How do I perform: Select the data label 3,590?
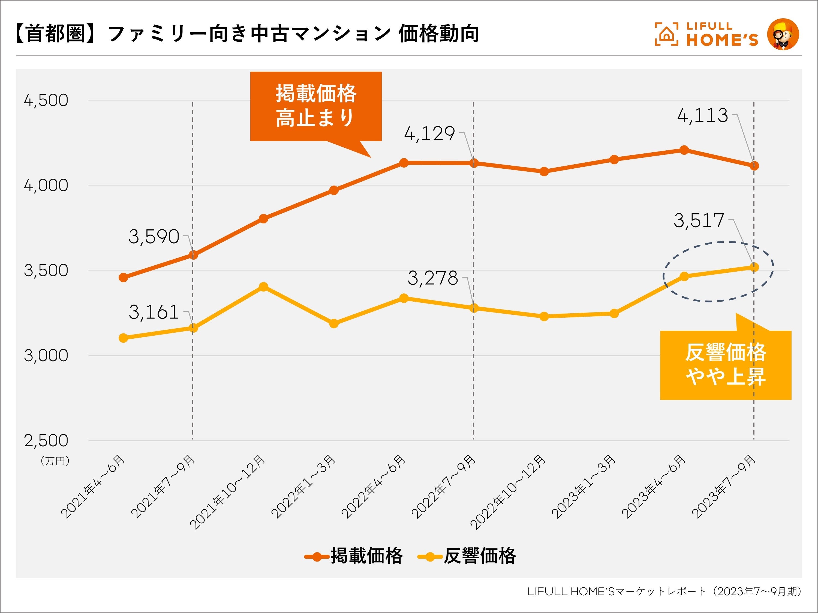coord(154,237)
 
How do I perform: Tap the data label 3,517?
coord(699,221)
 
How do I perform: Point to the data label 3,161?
coord(154,312)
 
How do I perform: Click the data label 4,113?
coord(702,116)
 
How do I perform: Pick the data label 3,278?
coord(433,278)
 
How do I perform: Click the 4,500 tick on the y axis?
coord(46,101)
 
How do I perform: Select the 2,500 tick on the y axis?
coord(46,441)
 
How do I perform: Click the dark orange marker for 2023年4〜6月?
coord(684,150)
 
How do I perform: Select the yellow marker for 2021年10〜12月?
coord(263,287)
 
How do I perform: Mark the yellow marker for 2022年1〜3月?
coord(333,324)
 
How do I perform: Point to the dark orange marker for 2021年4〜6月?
coord(124,278)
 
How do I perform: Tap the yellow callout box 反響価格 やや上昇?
coord(726,365)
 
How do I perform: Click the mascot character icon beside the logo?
coord(783,34)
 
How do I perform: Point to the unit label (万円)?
coord(55,461)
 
